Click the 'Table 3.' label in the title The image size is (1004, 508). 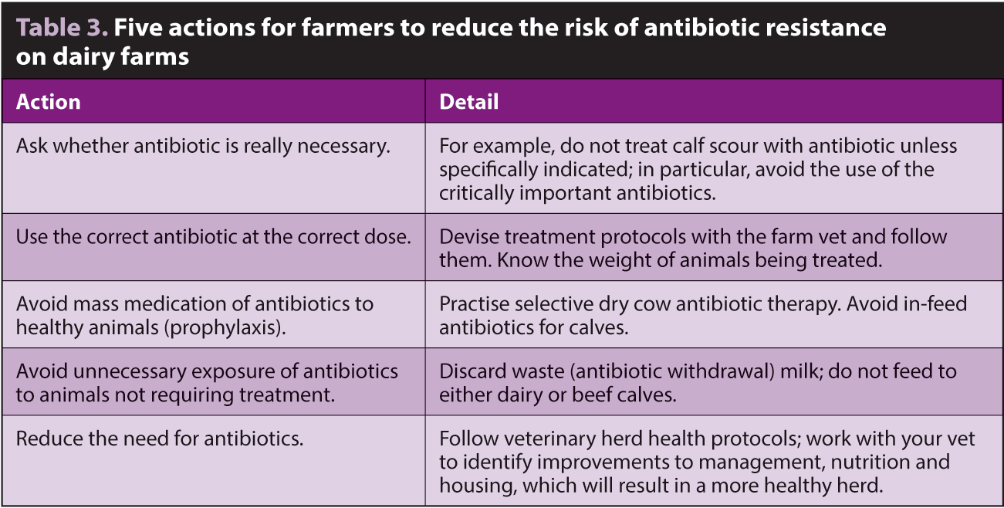pyautogui.click(x=62, y=28)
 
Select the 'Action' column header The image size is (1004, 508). pyautogui.click(x=49, y=102)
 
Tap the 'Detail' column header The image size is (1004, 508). pyautogui.click(x=469, y=102)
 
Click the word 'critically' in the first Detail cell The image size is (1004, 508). pyautogui.click(x=476, y=193)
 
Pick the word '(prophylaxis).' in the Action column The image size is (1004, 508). pyautogui.click(x=225, y=328)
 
